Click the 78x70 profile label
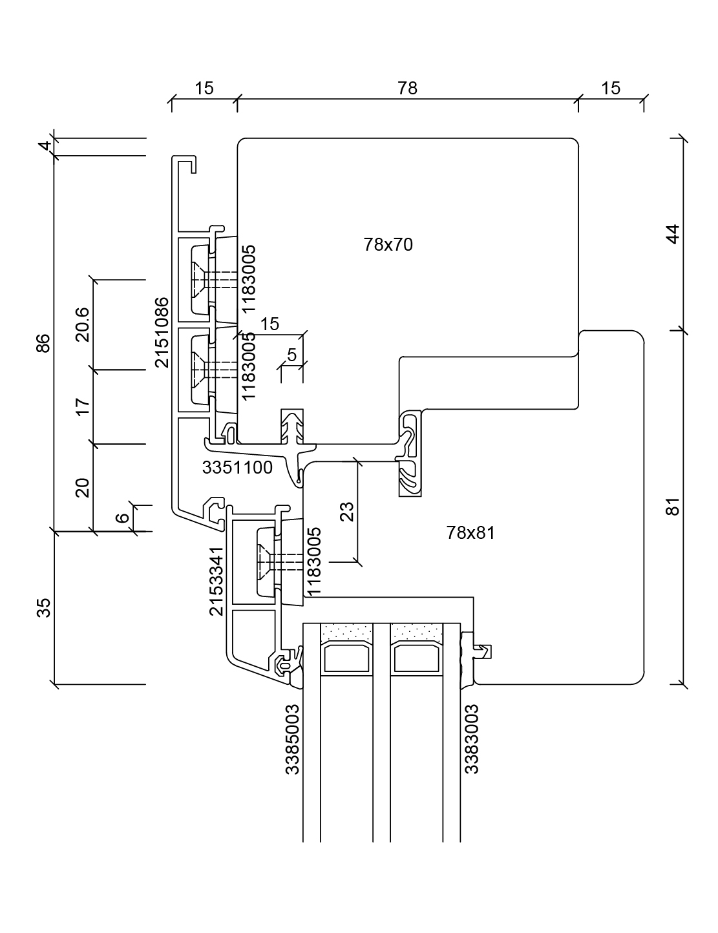click(x=388, y=245)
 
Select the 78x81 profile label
click(x=470, y=533)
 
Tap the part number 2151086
click(x=162, y=332)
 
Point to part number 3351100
click(x=237, y=467)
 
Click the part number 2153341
click(x=216, y=581)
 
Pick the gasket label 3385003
click(x=292, y=739)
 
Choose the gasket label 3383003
click(x=472, y=739)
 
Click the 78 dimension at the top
click(x=407, y=89)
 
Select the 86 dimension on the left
click(x=43, y=343)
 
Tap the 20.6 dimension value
click(x=83, y=324)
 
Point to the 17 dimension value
click(x=83, y=407)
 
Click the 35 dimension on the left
click(x=43, y=608)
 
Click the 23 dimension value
click(x=347, y=512)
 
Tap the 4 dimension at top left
click(x=43, y=147)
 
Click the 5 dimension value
click(x=291, y=355)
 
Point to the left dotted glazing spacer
click(x=348, y=630)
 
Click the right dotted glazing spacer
click(x=417, y=630)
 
